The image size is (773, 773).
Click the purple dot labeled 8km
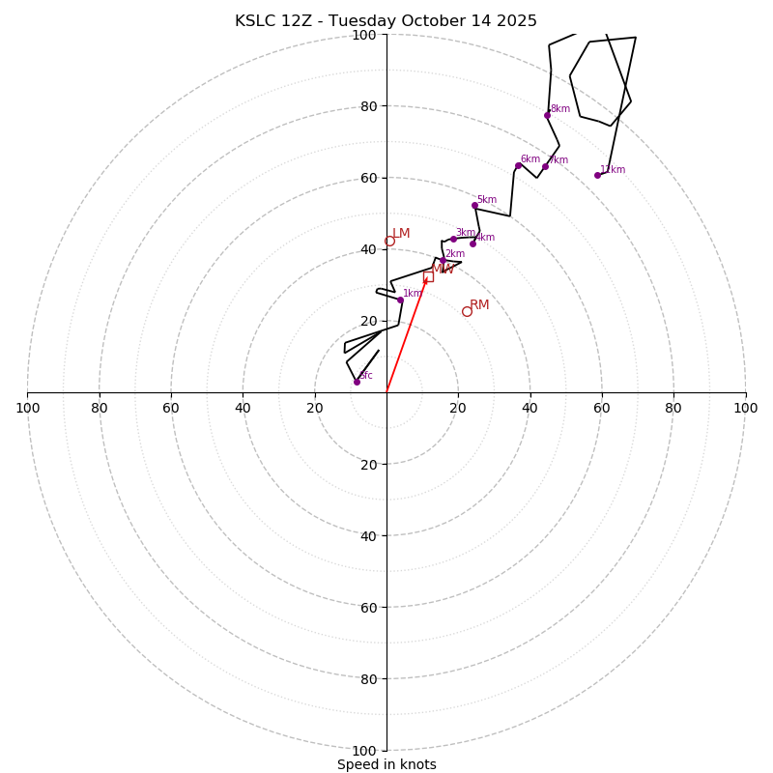pos(547,115)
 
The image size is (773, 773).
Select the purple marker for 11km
pos(597,175)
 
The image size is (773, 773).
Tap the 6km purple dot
pos(518,165)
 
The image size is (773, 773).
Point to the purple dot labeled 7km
pos(545,166)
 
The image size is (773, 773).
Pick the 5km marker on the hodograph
pos(474,205)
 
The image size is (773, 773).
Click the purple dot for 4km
pos(472,243)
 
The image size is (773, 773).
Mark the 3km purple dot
pos(453,239)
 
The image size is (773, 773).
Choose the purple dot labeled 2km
pos(444,261)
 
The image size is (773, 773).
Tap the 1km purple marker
pos(400,300)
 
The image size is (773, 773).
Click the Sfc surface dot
pos(357,382)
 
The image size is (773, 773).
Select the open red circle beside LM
pos(389,242)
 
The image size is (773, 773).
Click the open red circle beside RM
pos(467,311)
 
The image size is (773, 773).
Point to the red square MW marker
pos(428,277)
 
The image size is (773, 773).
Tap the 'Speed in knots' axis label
pos(386,764)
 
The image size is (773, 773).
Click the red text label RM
pos(479,304)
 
